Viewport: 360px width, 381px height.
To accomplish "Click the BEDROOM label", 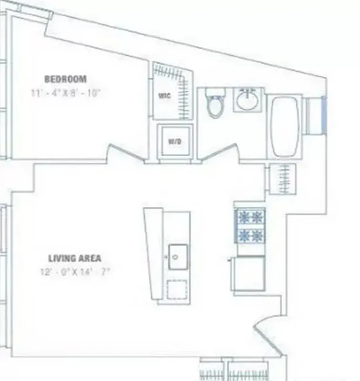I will (65, 79).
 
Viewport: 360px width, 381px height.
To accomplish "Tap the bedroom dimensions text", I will (65, 93).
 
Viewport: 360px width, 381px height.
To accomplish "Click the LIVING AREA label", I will (74, 259).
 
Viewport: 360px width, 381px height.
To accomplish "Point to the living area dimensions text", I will (76, 272).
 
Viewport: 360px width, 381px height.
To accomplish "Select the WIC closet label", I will (165, 96).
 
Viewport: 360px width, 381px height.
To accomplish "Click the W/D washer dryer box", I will (175, 141).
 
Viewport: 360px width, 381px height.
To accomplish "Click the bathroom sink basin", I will (248, 100).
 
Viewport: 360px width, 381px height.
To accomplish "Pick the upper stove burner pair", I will (251, 218).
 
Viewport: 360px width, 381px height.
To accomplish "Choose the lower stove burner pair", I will (251, 235).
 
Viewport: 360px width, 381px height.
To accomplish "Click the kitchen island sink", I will (178, 257).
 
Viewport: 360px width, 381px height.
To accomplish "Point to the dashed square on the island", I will (177, 289).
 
